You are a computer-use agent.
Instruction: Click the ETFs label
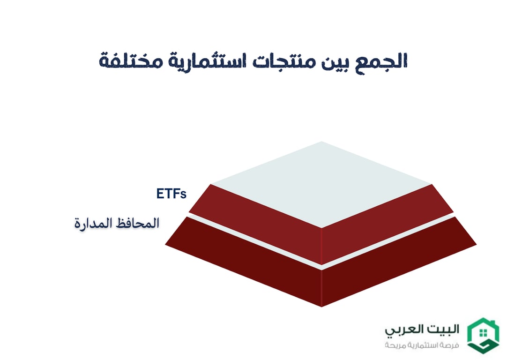[x=171, y=194]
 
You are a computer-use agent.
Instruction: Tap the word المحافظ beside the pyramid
[x=138, y=223]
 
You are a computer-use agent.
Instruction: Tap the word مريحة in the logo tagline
[x=396, y=345]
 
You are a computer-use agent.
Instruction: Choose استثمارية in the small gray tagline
[x=424, y=345]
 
